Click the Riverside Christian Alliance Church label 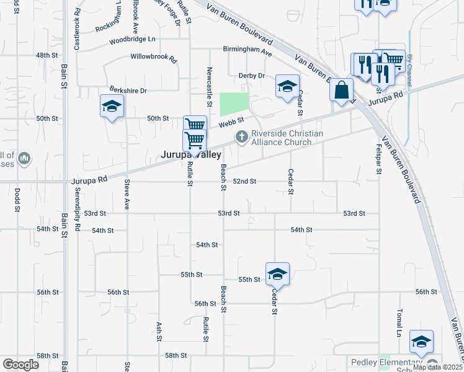[x=287, y=137]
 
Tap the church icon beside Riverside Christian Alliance [x=241, y=136]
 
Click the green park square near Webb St [x=234, y=104]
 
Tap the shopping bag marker [x=341, y=90]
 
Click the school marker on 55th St [x=277, y=274]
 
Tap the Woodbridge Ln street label [x=132, y=40]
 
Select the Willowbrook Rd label [x=154, y=56]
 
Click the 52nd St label [x=244, y=182]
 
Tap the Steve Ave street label [x=127, y=194]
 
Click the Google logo [x=20, y=365]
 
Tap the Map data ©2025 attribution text [x=437, y=367]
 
